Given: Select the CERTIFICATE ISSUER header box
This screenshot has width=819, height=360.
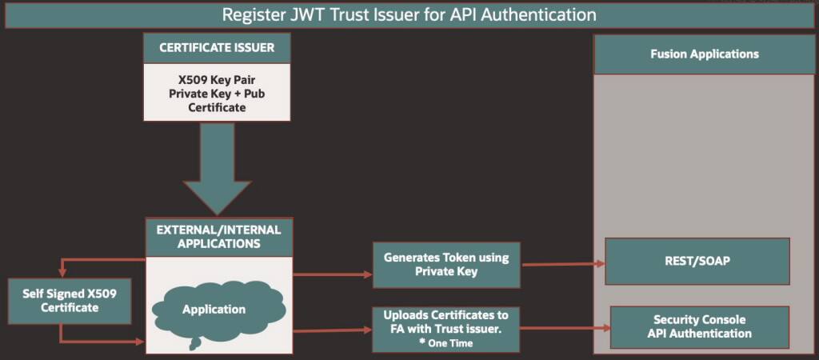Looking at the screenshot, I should pyautogui.click(x=217, y=47).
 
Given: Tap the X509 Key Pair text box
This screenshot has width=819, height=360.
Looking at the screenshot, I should pyautogui.click(x=217, y=93).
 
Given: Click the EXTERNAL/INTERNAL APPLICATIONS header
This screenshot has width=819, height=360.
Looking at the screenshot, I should pyautogui.click(x=218, y=236).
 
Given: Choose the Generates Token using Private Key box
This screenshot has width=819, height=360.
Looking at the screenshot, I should pyautogui.click(x=445, y=265).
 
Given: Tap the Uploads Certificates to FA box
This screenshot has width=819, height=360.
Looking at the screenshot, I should pyautogui.click(x=445, y=328).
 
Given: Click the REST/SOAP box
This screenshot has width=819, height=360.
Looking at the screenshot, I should pyautogui.click(x=697, y=261).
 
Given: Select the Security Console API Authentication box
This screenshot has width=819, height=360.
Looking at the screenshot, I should pyautogui.click(x=699, y=327).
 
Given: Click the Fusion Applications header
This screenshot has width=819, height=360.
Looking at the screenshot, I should pyautogui.click(x=704, y=54).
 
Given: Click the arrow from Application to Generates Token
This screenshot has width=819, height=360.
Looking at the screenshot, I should pyautogui.click(x=333, y=274).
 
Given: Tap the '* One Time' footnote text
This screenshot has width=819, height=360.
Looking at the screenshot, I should pyautogui.click(x=445, y=343).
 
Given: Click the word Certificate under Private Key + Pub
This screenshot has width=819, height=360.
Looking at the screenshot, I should pyautogui.click(x=217, y=106).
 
